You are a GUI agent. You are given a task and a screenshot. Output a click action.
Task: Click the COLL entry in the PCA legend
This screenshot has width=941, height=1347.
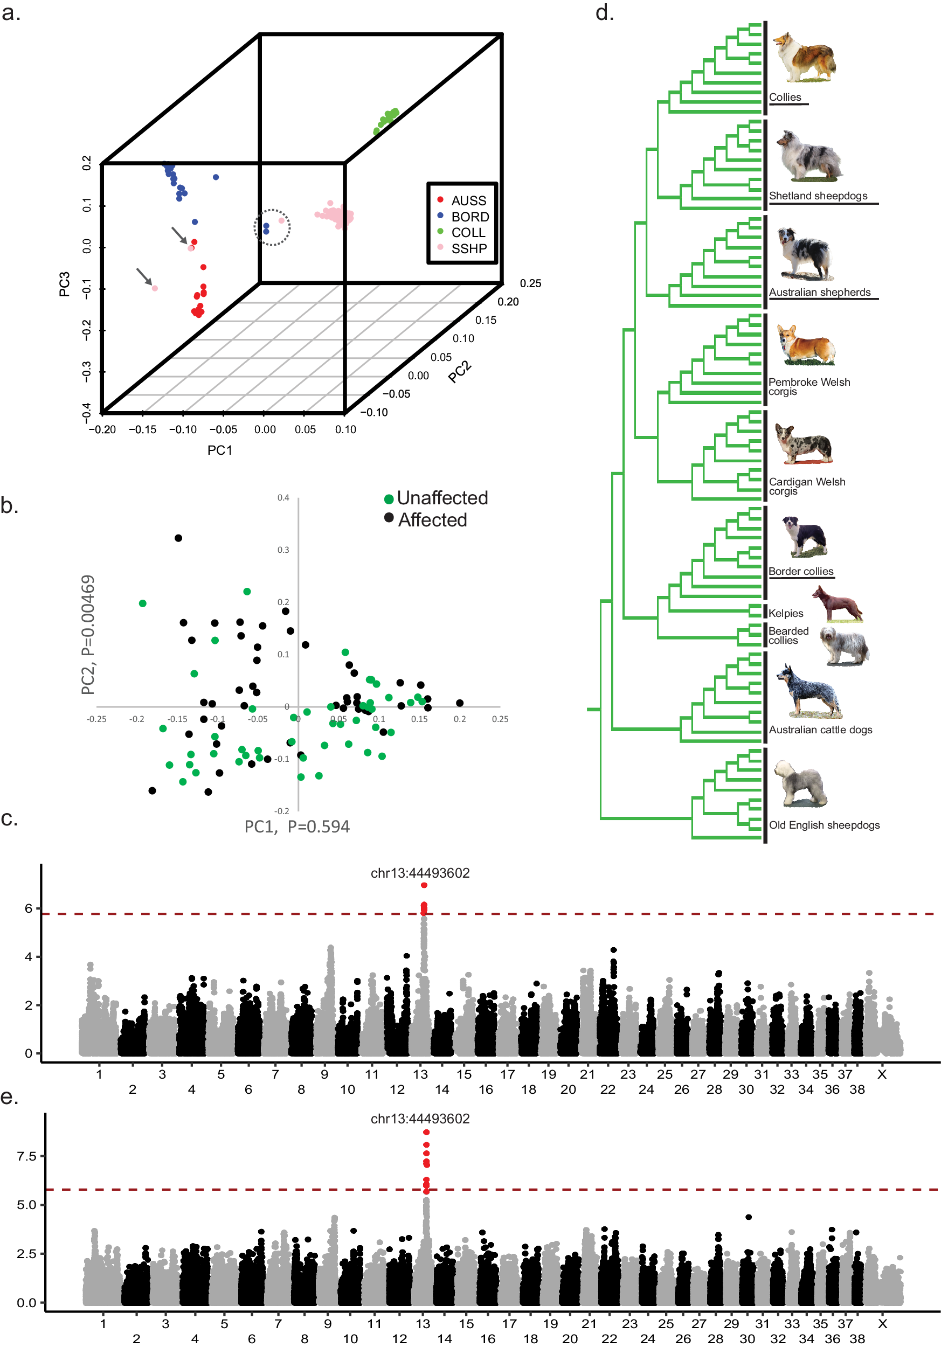468,232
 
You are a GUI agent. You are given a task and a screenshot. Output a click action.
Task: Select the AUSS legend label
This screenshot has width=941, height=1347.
468,200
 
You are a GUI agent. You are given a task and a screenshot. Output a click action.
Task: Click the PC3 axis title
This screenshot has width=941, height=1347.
64,284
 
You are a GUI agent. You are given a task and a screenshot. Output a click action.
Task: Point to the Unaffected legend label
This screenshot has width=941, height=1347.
442,498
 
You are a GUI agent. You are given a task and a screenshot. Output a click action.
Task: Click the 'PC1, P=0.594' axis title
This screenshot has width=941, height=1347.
297,826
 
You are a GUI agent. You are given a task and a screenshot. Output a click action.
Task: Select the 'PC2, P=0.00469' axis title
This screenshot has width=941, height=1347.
88,635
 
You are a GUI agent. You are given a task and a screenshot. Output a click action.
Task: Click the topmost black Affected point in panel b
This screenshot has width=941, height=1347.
178,538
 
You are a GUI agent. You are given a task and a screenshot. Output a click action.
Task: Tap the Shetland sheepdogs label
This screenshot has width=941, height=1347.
818,196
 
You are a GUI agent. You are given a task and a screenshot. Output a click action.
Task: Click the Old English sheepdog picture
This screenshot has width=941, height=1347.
800,784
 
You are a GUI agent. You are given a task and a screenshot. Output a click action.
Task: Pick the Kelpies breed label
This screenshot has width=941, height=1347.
786,613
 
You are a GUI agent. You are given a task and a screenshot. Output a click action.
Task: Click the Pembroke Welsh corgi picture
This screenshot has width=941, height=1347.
806,345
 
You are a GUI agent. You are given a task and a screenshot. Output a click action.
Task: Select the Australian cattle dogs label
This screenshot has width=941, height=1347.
820,730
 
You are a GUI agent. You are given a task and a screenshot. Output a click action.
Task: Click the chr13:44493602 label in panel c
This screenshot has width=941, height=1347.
420,873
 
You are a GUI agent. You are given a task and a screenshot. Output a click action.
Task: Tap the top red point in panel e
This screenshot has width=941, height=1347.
426,1132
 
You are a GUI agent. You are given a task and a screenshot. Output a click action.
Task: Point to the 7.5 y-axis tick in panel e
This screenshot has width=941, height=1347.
26,1156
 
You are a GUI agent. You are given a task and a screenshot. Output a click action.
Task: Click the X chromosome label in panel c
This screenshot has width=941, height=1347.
881,1074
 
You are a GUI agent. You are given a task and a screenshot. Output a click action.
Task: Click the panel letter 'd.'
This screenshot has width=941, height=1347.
604,13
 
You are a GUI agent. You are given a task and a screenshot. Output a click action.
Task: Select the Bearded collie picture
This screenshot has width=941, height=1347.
844,646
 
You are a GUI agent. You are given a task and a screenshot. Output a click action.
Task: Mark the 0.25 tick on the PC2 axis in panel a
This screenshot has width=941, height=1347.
530,283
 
